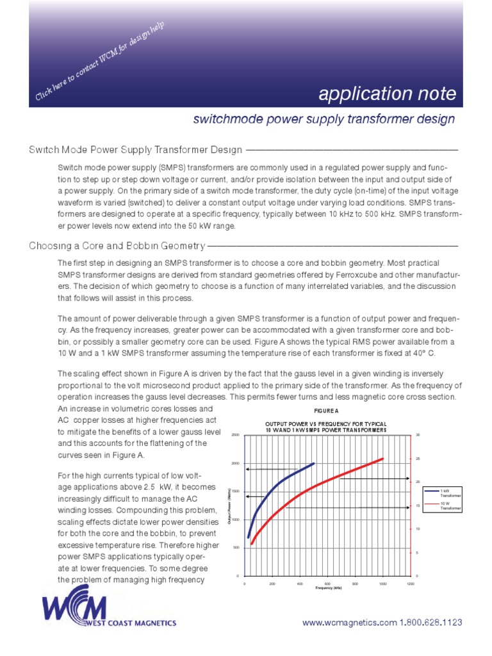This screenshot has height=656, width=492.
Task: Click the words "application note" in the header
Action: tap(388, 95)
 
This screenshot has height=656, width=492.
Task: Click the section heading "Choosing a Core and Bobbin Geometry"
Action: tap(117, 246)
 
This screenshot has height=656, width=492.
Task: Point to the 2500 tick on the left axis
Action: tap(234, 435)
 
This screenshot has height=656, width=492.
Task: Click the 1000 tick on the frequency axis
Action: tap(382, 584)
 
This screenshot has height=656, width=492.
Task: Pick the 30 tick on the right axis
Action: tap(416, 435)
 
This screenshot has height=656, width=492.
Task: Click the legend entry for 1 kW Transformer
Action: tap(446, 493)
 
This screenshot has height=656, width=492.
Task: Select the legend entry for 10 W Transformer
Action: tap(446, 507)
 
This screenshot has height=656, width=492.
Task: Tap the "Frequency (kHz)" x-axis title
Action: tap(327, 588)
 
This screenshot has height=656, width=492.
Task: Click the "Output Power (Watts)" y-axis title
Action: tap(229, 505)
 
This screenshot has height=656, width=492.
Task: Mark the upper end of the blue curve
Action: tap(313, 463)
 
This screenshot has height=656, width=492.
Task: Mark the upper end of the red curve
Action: tap(382, 459)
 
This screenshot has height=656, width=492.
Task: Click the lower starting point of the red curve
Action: tap(252, 544)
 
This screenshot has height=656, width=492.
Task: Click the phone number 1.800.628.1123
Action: tap(431, 623)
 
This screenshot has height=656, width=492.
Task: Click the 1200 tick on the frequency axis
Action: tap(410, 584)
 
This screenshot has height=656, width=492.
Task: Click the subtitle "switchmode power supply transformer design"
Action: tap(324, 119)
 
